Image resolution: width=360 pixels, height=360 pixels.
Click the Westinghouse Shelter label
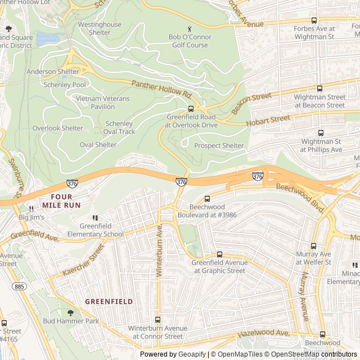pyautogui.click(x=100, y=29)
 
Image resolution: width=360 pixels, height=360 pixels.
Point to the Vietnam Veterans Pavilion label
pyautogui.click(x=103, y=102)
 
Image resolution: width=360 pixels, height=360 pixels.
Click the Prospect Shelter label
pyautogui.click(x=219, y=146)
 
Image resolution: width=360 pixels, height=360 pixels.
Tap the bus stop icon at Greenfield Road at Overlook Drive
pyautogui.click(x=191, y=109)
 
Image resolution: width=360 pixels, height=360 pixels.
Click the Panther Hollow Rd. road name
pyautogui.click(x=161, y=87)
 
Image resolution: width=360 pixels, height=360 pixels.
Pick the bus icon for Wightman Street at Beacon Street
pyautogui.click(x=319, y=89)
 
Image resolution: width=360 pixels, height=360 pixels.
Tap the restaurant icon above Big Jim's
pyautogui.click(x=31, y=209)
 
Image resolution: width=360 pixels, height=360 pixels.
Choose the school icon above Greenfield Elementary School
pyautogui.click(x=95, y=218)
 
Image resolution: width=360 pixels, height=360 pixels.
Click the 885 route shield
pyautogui.click(x=20, y=287)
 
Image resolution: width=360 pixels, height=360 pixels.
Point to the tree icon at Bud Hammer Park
pyautogui.click(x=70, y=313)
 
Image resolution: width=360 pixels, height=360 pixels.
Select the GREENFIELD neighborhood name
pyautogui.click(x=109, y=301)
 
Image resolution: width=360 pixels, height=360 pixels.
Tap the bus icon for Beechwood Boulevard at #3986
pyautogui.click(x=207, y=199)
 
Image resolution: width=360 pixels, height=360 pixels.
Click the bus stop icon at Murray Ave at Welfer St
pyautogui.click(x=313, y=246)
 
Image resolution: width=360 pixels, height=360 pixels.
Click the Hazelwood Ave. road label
pyautogui.click(x=263, y=334)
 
